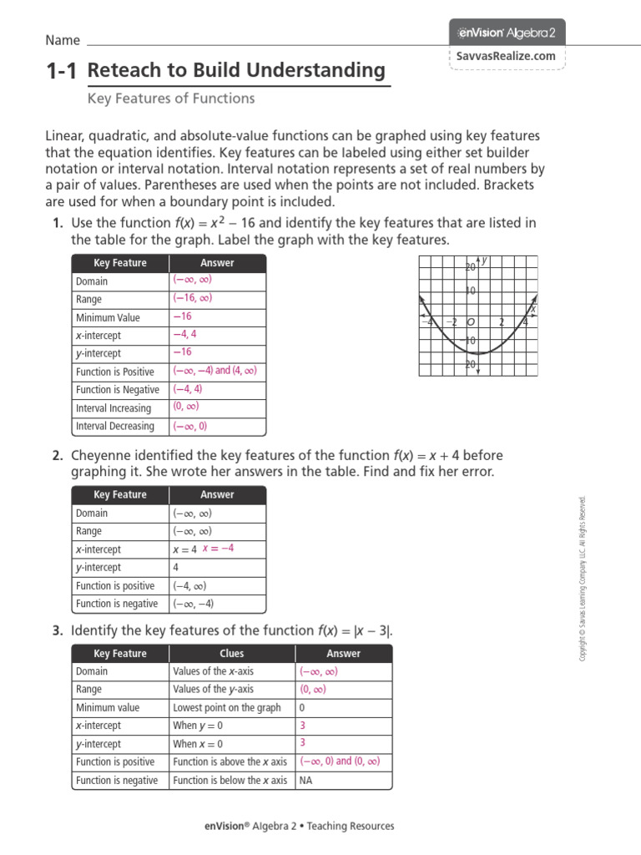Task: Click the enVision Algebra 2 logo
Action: (507, 33)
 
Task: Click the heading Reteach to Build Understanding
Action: (236, 71)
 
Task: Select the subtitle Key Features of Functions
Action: (171, 99)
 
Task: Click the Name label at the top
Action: (63, 40)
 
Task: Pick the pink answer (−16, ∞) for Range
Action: (192, 298)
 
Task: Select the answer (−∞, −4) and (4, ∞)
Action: (215, 371)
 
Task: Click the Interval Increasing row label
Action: (114, 408)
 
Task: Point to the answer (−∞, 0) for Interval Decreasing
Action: (189, 426)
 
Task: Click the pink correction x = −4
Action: (219, 549)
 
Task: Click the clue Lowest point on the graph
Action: (227, 707)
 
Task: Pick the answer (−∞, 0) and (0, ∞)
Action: (340, 761)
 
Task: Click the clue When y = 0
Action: (198, 726)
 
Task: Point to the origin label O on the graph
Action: (471, 322)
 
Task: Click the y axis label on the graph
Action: (484, 261)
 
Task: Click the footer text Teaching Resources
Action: (351, 827)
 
